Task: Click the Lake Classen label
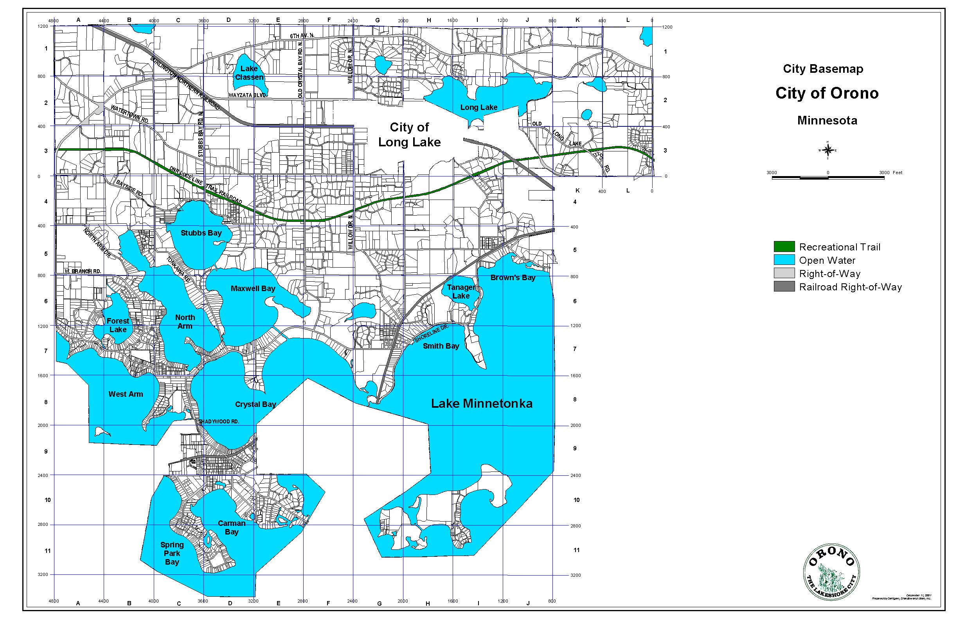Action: pyautogui.click(x=249, y=73)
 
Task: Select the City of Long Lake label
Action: pyautogui.click(x=409, y=135)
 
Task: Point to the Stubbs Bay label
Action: pyautogui.click(x=201, y=233)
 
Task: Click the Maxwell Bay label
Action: pyautogui.click(x=253, y=288)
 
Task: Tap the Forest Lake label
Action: pyautogui.click(x=118, y=325)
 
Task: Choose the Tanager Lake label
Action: pyautogui.click(x=461, y=292)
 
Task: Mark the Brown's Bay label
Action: pyautogui.click(x=513, y=277)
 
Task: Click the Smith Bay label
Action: pyautogui.click(x=441, y=345)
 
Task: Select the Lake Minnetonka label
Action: pyautogui.click(x=482, y=403)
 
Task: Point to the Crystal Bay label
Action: pyautogui.click(x=255, y=404)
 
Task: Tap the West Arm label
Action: pyautogui.click(x=126, y=394)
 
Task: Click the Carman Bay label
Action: pyautogui.click(x=232, y=527)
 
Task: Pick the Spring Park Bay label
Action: pyautogui.click(x=172, y=553)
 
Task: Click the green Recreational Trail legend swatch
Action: pyautogui.click(x=784, y=247)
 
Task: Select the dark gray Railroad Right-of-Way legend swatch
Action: pyautogui.click(x=784, y=286)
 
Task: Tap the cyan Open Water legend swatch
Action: pyautogui.click(x=784, y=260)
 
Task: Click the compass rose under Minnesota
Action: pyautogui.click(x=827, y=150)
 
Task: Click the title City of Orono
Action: pyautogui.click(x=827, y=93)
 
